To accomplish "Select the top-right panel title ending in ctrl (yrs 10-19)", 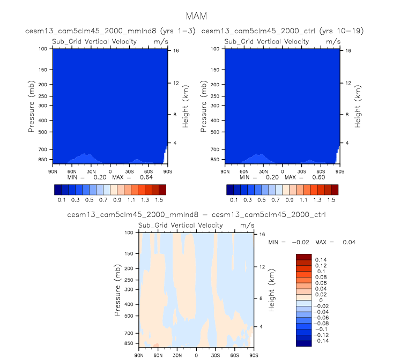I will tap(283, 31).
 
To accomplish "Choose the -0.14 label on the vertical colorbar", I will tap(321, 341).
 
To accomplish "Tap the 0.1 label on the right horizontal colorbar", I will tap(234, 199).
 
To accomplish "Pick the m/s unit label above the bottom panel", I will tap(247, 226).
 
